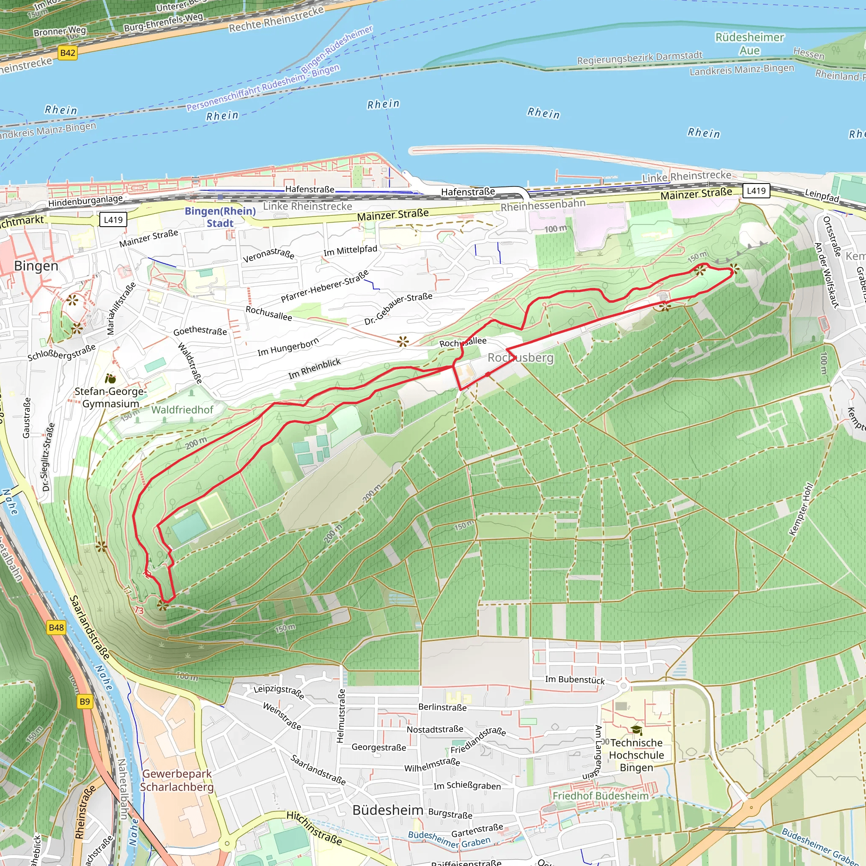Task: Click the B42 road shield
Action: (x=68, y=53)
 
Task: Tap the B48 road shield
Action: (x=56, y=628)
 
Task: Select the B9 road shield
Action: (x=84, y=702)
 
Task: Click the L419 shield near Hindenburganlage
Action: (x=113, y=219)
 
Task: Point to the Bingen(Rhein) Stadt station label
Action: (x=220, y=217)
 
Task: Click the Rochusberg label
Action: (x=521, y=358)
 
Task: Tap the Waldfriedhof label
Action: (x=182, y=410)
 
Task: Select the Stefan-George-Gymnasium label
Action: (x=110, y=397)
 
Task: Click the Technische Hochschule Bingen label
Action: (x=636, y=755)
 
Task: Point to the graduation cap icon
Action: (x=636, y=730)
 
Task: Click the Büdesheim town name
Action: (x=388, y=810)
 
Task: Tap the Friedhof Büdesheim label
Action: (x=600, y=796)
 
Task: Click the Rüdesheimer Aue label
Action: (x=749, y=44)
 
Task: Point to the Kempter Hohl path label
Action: (x=800, y=509)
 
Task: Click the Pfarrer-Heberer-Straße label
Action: (x=325, y=286)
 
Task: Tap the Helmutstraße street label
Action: (x=341, y=716)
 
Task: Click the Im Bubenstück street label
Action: (x=575, y=680)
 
